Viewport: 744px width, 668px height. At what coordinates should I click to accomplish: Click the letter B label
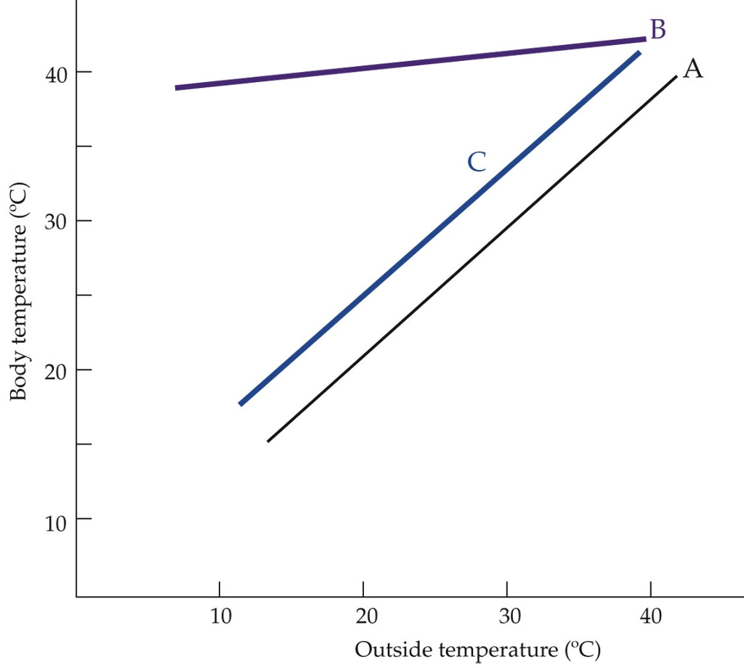pyautogui.click(x=658, y=30)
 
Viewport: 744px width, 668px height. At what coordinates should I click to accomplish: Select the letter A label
pyautogui.click(x=692, y=68)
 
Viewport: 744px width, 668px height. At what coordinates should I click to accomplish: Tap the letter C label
pyautogui.click(x=476, y=162)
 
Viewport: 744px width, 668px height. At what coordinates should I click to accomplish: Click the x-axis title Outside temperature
pyautogui.click(x=477, y=649)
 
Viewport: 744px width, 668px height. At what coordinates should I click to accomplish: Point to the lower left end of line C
pyautogui.click(x=240, y=404)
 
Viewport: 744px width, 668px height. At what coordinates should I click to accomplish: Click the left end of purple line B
pyautogui.click(x=177, y=88)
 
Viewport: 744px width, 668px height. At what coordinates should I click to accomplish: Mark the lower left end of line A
pyautogui.click(x=268, y=441)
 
